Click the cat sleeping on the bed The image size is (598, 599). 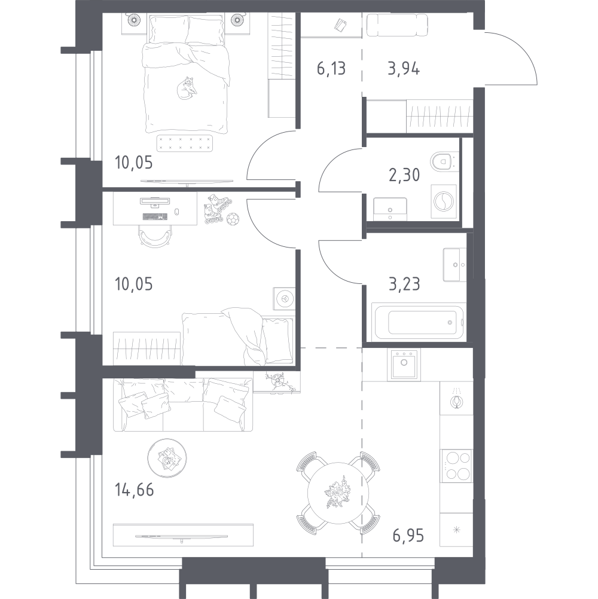(187, 88)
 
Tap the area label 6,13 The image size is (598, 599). (331, 69)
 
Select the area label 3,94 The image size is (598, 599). (404, 69)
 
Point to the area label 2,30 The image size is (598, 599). (404, 175)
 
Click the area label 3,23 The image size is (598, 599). (404, 284)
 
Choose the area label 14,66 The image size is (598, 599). (134, 490)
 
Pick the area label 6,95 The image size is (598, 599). (408, 536)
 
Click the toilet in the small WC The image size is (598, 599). (443, 161)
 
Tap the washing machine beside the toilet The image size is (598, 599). (444, 201)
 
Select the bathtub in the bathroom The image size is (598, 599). (419, 321)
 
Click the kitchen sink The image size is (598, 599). (404, 364)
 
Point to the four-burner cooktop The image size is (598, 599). (456, 465)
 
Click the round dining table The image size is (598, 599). (338, 493)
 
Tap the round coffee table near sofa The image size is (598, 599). (167, 458)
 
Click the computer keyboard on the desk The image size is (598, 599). (155, 217)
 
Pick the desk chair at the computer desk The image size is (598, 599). (155, 236)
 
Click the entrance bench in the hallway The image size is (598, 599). (397, 25)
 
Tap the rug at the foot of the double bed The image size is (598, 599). (185, 143)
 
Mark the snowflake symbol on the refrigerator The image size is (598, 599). (456, 530)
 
